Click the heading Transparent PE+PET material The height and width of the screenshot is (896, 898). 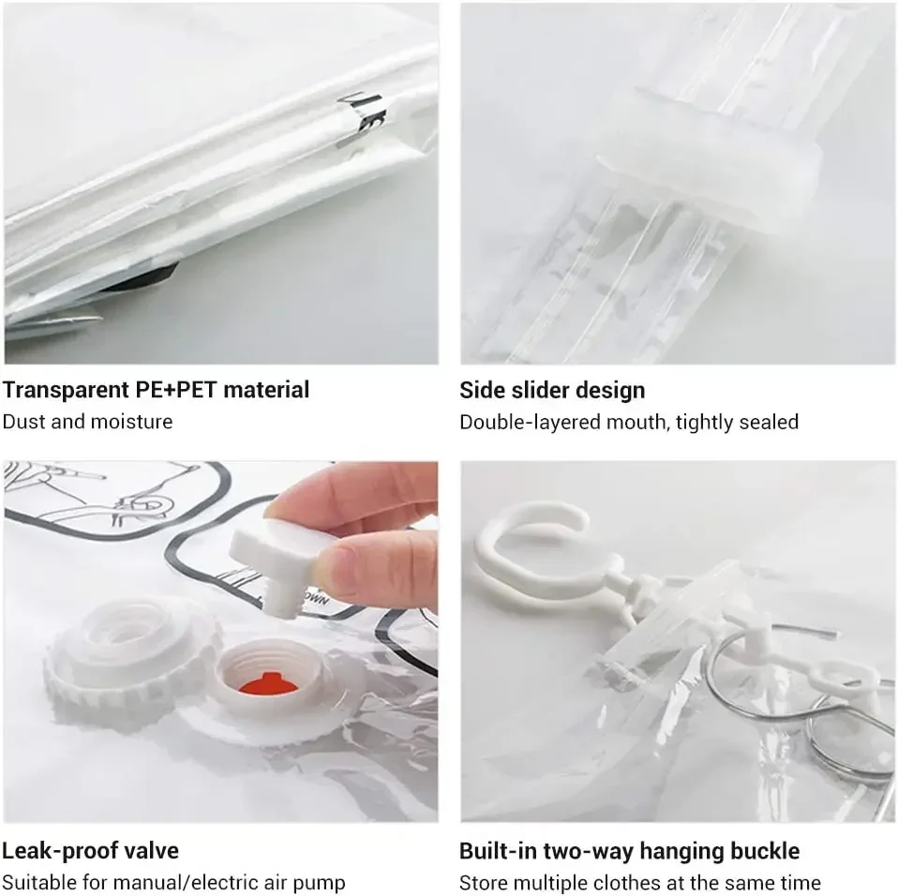tap(156, 390)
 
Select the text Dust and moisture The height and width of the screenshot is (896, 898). tap(87, 422)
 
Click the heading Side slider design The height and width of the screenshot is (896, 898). tap(552, 390)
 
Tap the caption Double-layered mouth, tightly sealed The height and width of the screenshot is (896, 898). tap(628, 422)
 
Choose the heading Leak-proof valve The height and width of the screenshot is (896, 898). tap(90, 851)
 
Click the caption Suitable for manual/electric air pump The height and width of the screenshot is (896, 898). tap(173, 883)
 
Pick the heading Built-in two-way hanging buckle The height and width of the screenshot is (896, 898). tap(629, 851)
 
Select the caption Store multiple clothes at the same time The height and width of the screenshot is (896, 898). tap(639, 883)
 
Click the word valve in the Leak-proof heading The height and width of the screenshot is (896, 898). tap(152, 851)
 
